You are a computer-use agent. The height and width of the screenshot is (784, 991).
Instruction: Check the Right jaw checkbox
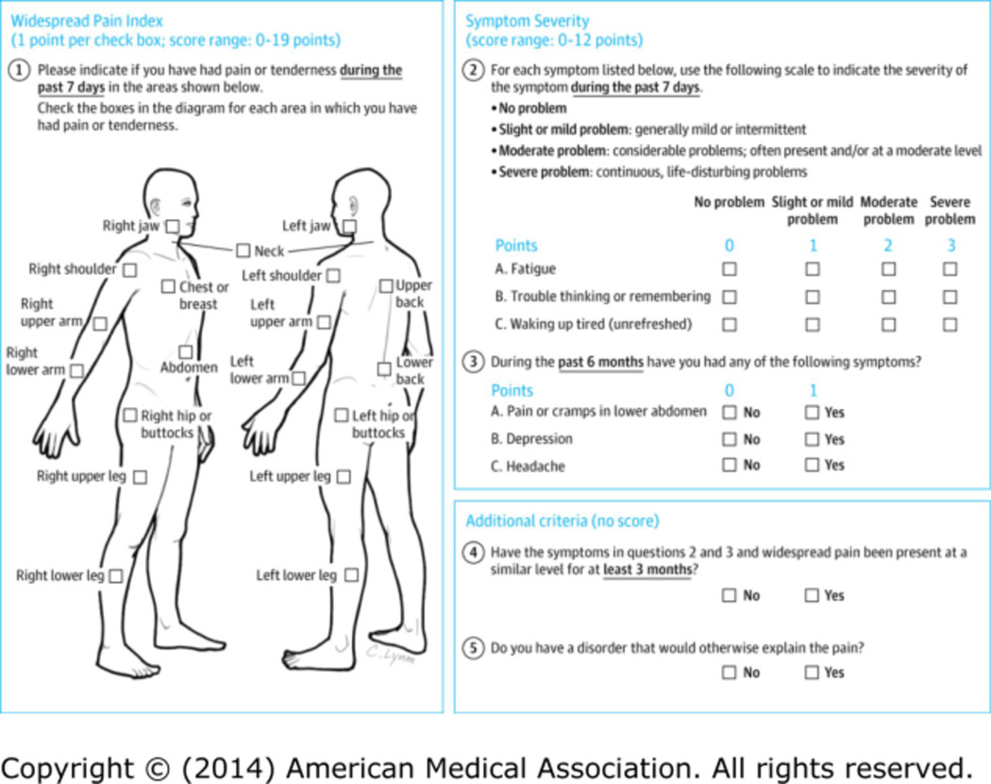(x=172, y=227)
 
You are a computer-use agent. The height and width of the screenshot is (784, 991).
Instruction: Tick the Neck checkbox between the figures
(x=243, y=251)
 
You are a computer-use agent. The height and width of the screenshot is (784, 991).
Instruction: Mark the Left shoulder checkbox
(x=333, y=276)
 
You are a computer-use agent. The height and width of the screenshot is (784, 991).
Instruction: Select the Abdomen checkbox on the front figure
(x=186, y=351)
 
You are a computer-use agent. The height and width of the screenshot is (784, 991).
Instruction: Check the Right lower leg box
(x=115, y=575)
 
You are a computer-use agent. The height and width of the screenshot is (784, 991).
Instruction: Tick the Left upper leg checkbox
(x=344, y=477)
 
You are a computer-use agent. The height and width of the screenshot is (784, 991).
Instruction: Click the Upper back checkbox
(x=386, y=285)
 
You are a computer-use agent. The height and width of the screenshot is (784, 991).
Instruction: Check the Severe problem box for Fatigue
(x=949, y=269)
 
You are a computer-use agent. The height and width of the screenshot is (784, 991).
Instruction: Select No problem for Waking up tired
(x=729, y=324)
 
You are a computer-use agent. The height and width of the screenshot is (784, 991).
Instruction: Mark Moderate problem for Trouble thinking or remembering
(x=888, y=297)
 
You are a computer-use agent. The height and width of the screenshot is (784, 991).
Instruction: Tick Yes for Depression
(x=812, y=439)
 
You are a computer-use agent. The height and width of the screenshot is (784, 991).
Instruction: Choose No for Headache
(x=729, y=465)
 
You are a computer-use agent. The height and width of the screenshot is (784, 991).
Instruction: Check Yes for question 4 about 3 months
(x=812, y=595)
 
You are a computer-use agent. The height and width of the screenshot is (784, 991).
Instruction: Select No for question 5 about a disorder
(x=729, y=673)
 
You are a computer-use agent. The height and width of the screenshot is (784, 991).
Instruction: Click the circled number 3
(x=474, y=361)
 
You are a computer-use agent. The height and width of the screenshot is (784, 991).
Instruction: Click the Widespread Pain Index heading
(x=87, y=21)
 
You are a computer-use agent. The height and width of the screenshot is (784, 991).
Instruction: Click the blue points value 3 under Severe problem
(x=950, y=246)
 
